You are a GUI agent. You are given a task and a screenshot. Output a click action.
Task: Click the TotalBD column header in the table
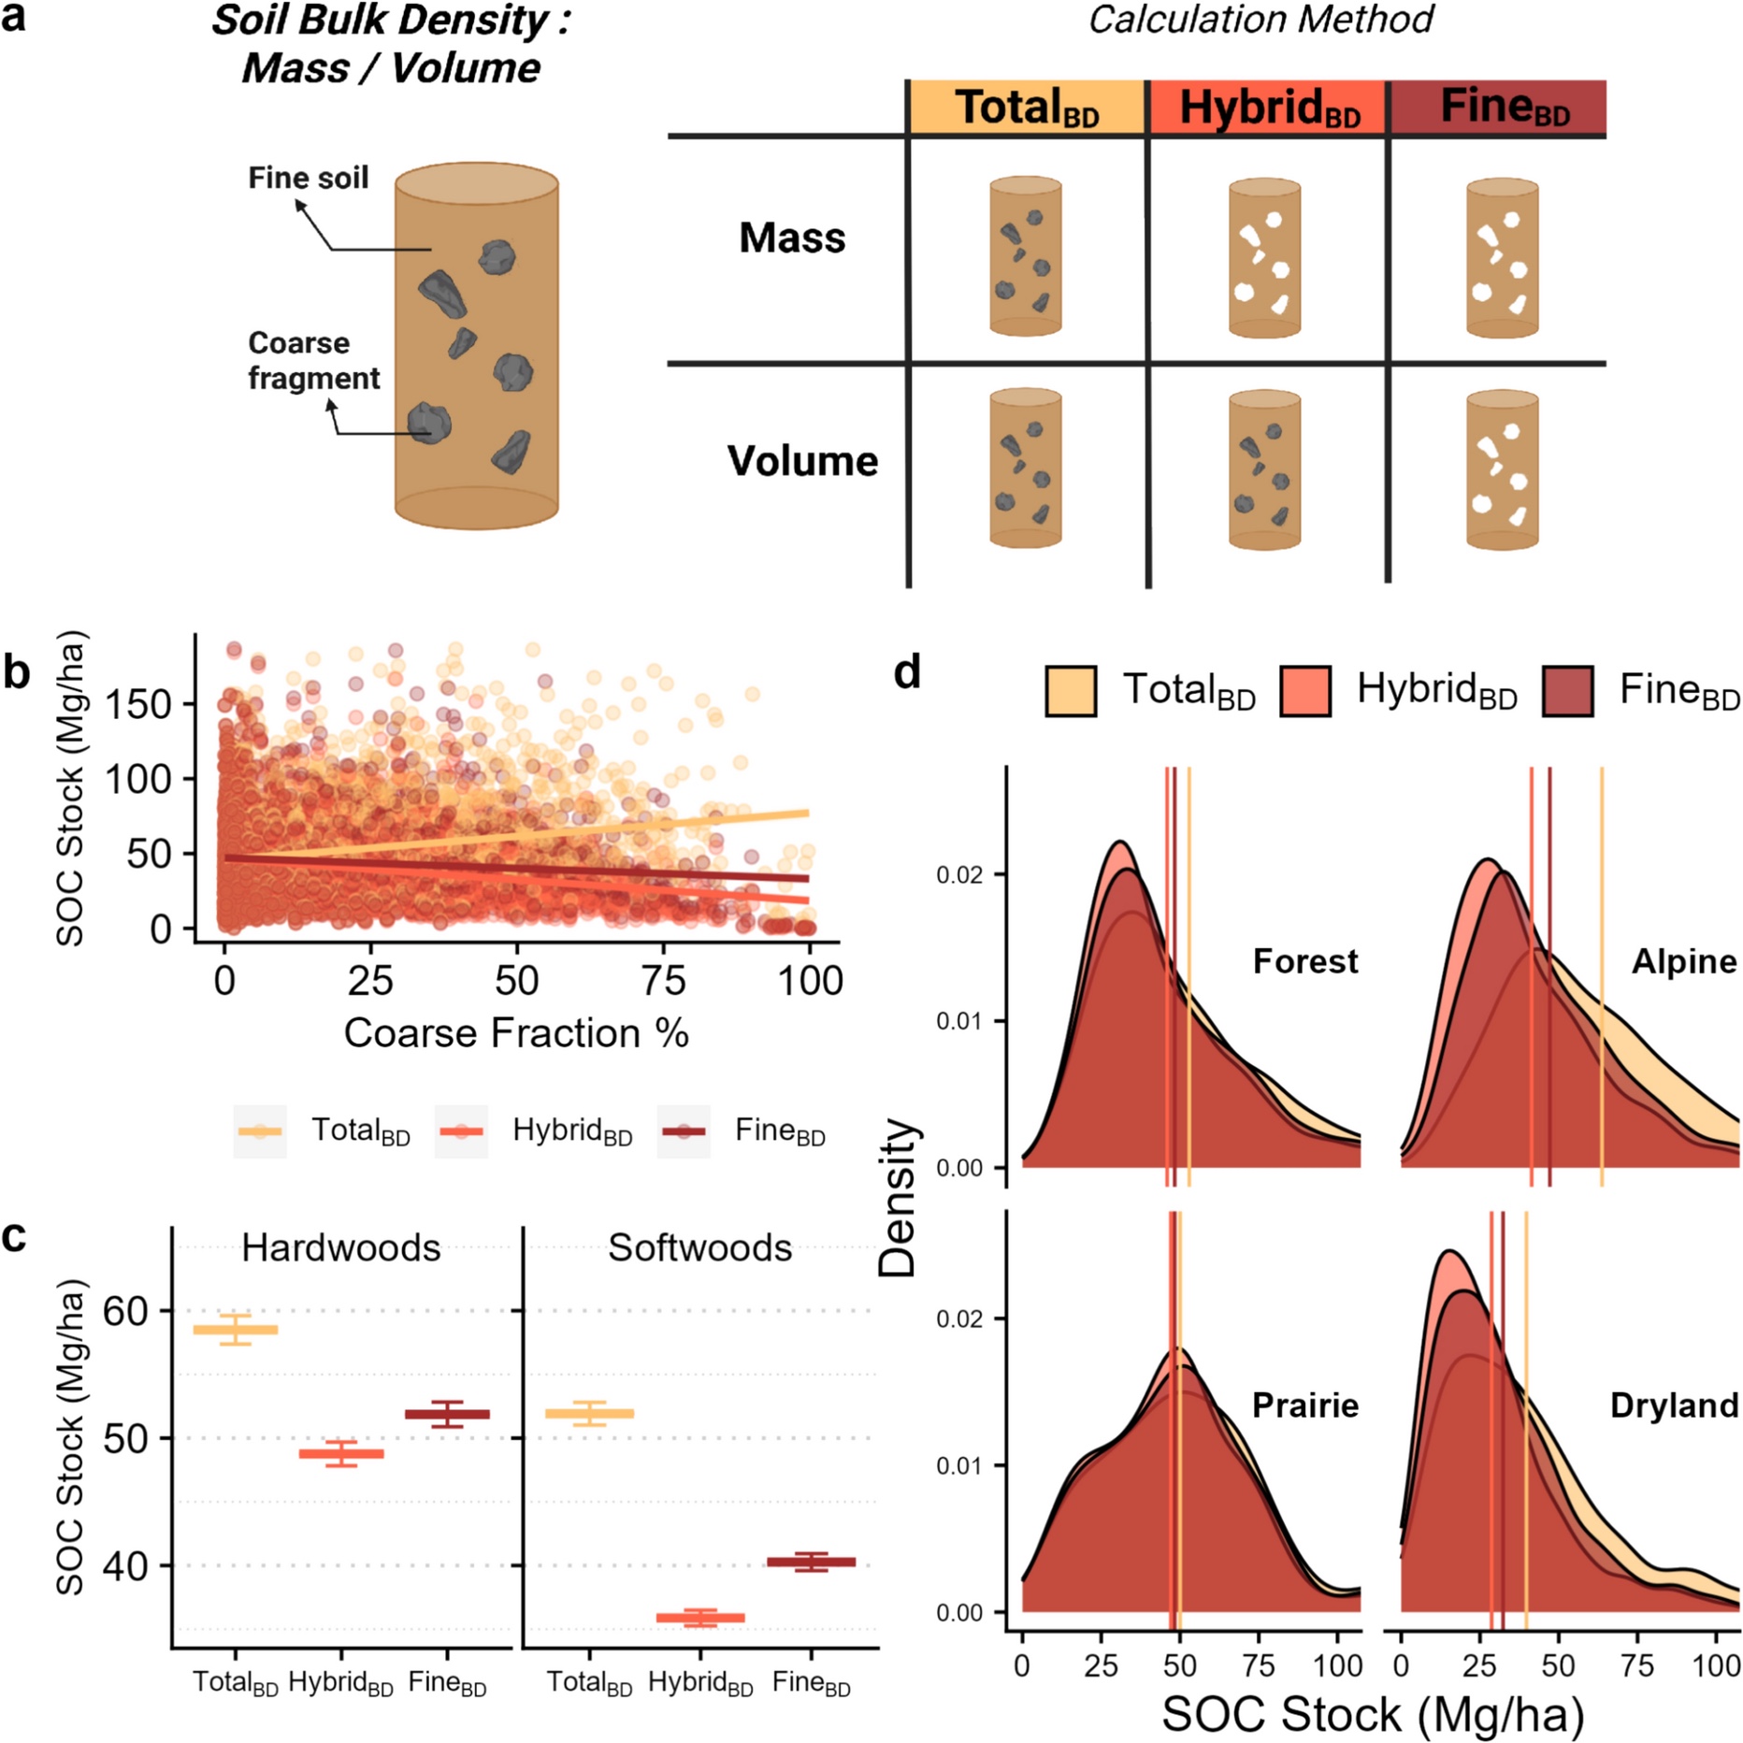pyautogui.click(x=1027, y=108)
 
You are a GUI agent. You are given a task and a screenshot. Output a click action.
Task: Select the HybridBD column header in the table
pyautogui.click(x=1268, y=108)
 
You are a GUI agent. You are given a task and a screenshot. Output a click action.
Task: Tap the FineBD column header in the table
pyautogui.click(x=1504, y=108)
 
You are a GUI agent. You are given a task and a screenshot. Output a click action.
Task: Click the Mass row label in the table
pyautogui.click(x=792, y=238)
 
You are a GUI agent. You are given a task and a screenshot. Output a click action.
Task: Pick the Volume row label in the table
pyautogui.click(x=802, y=461)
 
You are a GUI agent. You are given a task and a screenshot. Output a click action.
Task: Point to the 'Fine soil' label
pyautogui.click(x=308, y=178)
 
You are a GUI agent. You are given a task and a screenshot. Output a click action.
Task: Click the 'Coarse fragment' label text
pyautogui.click(x=312, y=360)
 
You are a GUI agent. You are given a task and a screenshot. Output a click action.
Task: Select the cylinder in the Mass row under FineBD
pyautogui.click(x=1502, y=258)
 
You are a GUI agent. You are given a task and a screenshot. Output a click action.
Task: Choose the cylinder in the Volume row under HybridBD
pyautogui.click(x=1264, y=469)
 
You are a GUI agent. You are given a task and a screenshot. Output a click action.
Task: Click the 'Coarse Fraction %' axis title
pyautogui.click(x=516, y=1033)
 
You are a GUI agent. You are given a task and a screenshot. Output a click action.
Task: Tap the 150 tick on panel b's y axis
pyautogui.click(x=137, y=704)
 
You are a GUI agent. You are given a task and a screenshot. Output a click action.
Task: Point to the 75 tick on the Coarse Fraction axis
pyautogui.click(x=664, y=981)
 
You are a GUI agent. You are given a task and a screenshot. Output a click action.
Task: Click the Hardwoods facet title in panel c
pyautogui.click(x=340, y=1248)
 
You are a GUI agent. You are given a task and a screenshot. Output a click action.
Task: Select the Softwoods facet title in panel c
pyautogui.click(x=699, y=1248)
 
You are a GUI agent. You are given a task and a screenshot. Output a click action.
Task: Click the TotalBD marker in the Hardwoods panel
pyautogui.click(x=236, y=1329)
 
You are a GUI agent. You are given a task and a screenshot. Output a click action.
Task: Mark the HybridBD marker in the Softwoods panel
pyautogui.click(x=700, y=1617)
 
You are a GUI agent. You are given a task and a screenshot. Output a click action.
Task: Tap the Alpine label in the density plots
pyautogui.click(x=1683, y=961)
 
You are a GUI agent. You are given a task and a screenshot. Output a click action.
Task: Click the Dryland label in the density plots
pyautogui.click(x=1674, y=1405)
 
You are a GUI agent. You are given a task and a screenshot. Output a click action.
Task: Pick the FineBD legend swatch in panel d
pyautogui.click(x=1567, y=691)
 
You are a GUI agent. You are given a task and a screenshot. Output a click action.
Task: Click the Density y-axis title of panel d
pyautogui.click(x=899, y=1197)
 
